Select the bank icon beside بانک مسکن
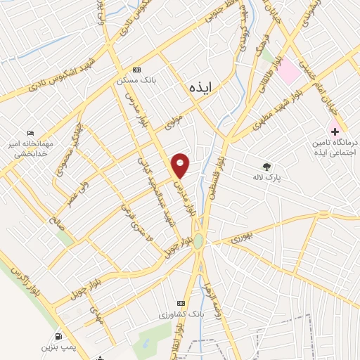pyautogui.click(x=136, y=70)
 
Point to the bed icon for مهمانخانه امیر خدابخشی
pyautogui.click(x=30, y=133)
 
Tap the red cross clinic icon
pyautogui.click(x=335, y=131)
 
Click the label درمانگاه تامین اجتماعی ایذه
pyautogui.click(x=335, y=147)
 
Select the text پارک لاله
pyautogui.click(x=266, y=179)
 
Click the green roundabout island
pyautogui.click(x=199, y=241)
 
